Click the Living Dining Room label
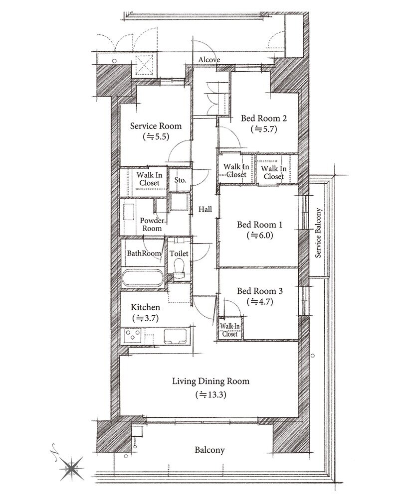point(210,381)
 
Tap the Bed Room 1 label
point(259,225)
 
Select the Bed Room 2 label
point(264,119)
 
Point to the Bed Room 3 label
point(260,291)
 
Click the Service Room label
point(156,126)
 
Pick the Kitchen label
point(145,307)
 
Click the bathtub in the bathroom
point(143,278)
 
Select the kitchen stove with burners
point(133,336)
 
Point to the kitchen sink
point(175,336)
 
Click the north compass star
point(72,468)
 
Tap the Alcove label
point(209,60)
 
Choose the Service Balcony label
point(318,233)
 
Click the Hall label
point(205,209)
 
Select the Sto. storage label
point(181,180)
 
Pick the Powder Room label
point(152,225)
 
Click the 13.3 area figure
point(211,395)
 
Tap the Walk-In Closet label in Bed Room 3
point(229,330)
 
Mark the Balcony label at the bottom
point(209,450)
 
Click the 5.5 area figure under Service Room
point(156,137)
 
